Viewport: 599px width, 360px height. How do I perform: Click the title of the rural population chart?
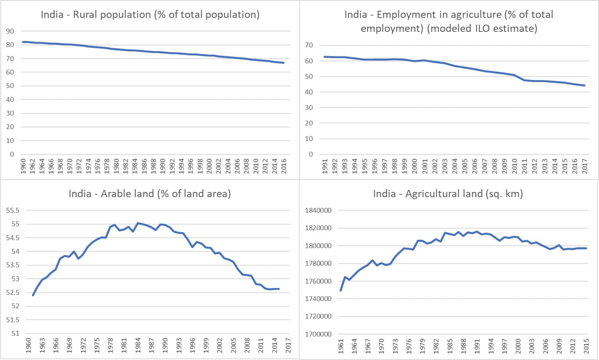[x=150, y=15]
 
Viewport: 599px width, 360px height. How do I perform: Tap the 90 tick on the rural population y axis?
[x=10, y=31]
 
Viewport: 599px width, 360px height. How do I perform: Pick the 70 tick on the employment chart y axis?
[x=309, y=45]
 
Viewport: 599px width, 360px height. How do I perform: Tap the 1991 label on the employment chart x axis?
[x=325, y=166]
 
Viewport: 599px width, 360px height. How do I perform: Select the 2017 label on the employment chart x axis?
[x=585, y=166]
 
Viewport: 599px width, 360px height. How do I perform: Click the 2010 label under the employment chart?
[x=515, y=166]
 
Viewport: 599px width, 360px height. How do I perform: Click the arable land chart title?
[x=150, y=194]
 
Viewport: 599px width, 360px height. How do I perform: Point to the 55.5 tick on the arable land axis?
[x=13, y=210]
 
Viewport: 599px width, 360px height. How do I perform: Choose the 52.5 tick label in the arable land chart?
[x=13, y=292]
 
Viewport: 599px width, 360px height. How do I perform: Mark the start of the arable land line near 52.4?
[x=33, y=295]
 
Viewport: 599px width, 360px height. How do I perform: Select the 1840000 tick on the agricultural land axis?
[x=318, y=210]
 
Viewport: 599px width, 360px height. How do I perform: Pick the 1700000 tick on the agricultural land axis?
[x=318, y=334]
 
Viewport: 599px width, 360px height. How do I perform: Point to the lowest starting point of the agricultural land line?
[x=341, y=290]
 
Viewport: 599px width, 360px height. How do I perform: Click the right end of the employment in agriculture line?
[x=585, y=85]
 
